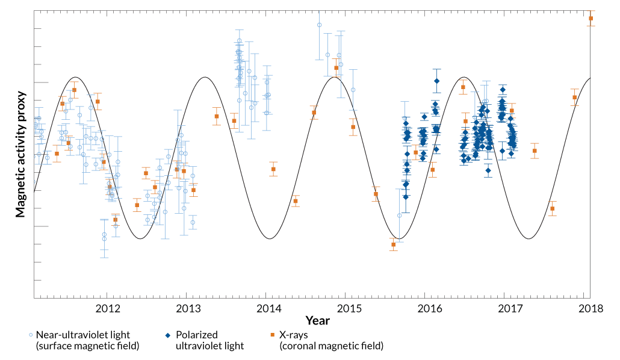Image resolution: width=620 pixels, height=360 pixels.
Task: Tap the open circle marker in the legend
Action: [x=30, y=335]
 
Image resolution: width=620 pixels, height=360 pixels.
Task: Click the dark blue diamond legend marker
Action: [x=168, y=335]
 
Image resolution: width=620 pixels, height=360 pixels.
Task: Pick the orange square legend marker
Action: [x=272, y=335]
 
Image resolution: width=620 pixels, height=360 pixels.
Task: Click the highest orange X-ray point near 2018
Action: [x=591, y=19]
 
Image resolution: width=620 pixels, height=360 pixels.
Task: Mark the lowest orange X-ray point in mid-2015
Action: [x=393, y=244]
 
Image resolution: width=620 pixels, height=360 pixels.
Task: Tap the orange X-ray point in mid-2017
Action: [x=552, y=209]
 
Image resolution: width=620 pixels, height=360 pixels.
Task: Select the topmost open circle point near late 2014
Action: [x=319, y=25]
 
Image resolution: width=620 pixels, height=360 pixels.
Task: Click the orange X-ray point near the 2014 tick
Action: [x=273, y=169]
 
